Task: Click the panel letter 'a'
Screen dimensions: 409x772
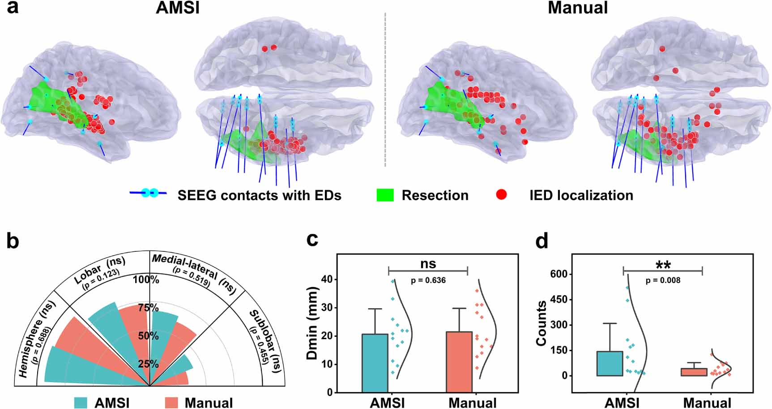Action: click(12, 8)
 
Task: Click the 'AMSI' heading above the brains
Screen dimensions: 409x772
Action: click(178, 8)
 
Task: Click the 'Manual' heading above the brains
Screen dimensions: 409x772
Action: click(578, 8)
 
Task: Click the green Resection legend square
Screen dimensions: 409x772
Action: click(385, 195)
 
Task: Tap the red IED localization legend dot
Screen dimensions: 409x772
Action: click(502, 194)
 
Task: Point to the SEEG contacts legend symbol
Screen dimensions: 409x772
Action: click(148, 193)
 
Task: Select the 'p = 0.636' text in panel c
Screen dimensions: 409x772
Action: click(428, 281)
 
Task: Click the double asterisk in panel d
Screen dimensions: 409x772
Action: click(663, 266)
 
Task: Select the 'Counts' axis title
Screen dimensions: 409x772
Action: click(542, 323)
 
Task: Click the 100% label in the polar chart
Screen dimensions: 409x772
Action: click(146, 280)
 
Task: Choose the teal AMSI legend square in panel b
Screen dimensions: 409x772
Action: click(81, 402)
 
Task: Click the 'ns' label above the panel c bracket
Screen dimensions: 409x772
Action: click(428, 264)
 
